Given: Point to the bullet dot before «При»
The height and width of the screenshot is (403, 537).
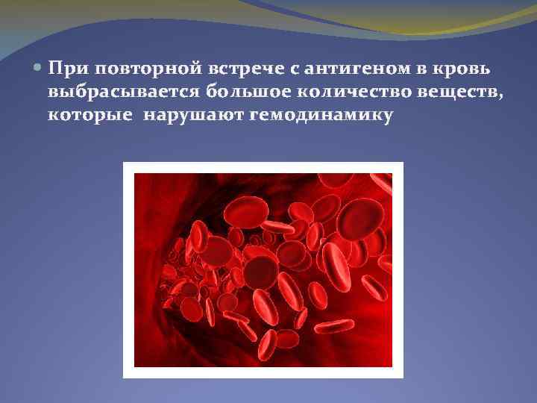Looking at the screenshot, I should pyautogui.click(x=38, y=69).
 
